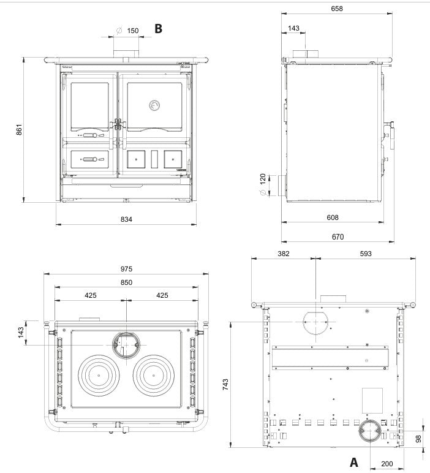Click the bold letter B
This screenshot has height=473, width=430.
(158, 28)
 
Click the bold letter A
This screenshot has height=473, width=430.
(353, 462)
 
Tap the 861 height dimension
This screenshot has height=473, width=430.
(19, 129)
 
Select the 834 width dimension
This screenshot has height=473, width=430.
(126, 219)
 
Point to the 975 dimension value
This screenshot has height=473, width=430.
(126, 269)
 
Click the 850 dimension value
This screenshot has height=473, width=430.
(126, 282)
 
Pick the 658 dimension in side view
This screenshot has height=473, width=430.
(337, 9)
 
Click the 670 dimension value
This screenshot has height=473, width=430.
(338, 236)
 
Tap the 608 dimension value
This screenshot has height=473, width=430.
(333, 218)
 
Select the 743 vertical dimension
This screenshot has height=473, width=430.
(225, 385)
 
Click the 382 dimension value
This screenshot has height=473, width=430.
(284, 254)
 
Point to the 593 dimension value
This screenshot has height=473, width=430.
(366, 254)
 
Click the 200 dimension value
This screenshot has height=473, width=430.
(387, 464)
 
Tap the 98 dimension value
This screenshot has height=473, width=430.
(418, 439)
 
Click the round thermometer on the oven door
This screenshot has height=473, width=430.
(154, 105)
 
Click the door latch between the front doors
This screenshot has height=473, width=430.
(118, 124)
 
